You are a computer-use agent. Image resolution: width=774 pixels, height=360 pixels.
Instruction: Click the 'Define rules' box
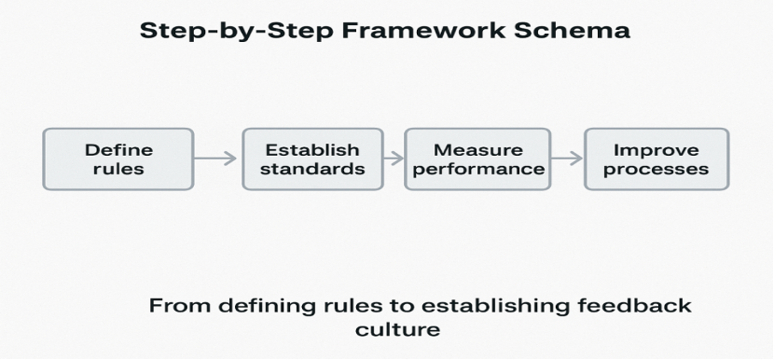(118, 159)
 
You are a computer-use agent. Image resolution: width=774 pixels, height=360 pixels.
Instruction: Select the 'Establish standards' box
(312, 159)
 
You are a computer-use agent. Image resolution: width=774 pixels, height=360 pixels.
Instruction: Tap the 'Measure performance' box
(478, 159)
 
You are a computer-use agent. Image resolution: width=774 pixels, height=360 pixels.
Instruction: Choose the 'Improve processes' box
(656, 159)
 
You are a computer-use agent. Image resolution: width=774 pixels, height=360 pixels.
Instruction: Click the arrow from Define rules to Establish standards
(216, 159)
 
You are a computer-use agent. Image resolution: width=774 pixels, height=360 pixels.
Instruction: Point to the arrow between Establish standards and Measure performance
(394, 159)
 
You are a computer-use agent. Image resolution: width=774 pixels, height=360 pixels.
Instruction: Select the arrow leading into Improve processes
(566, 159)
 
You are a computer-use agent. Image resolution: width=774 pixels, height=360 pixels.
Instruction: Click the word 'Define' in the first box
(118, 150)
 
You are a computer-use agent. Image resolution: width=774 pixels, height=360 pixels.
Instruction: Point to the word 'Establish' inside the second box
(312, 150)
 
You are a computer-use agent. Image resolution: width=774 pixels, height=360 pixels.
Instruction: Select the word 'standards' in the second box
(312, 170)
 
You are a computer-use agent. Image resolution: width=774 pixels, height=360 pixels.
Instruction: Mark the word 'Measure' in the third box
(478, 150)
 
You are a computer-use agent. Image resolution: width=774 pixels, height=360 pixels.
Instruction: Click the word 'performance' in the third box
(478, 170)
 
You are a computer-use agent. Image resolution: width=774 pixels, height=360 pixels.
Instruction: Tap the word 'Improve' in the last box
(656, 150)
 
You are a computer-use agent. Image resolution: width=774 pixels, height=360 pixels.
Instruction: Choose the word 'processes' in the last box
(656, 170)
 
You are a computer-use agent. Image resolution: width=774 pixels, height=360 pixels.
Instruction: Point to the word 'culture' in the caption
(398, 329)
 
